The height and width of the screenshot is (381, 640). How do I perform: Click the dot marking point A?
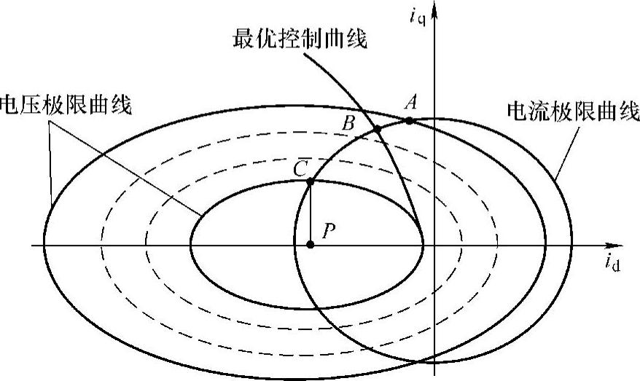pos(410,120)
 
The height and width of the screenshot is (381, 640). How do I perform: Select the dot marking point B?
pos(377,130)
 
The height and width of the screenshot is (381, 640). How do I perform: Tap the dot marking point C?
pos(310,181)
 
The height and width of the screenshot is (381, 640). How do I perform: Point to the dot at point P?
pos(310,245)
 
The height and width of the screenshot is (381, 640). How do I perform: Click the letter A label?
pos(410,104)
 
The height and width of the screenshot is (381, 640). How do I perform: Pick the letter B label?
pos(348,123)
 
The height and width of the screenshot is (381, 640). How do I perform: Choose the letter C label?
pos(299,168)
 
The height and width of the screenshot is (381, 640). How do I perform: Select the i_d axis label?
pos(612,263)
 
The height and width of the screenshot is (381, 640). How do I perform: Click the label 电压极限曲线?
pos(66,106)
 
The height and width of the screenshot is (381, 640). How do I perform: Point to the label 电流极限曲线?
pos(572,112)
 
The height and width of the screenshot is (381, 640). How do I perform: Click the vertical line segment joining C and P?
pos(310,213)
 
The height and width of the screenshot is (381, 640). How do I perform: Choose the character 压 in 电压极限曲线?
pos(34,106)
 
